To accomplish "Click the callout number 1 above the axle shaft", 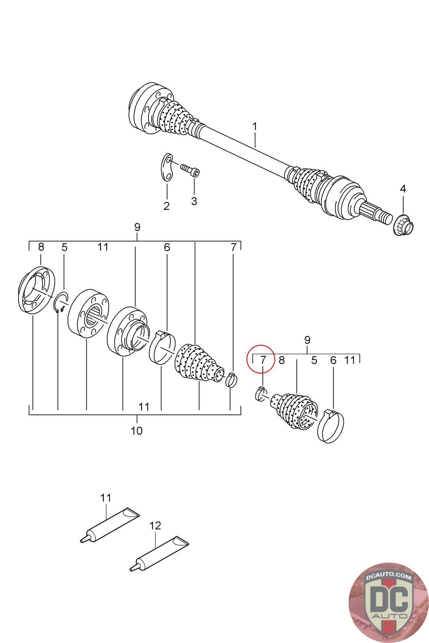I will point(255,127).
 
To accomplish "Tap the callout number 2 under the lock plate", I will point(166,206).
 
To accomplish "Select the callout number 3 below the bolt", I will point(194,201).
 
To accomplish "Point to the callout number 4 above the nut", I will point(402,188).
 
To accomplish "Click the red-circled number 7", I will point(263,359).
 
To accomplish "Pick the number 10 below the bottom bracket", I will point(137,431).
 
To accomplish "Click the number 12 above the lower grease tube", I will point(155,525).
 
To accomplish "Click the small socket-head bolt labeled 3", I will point(190,170).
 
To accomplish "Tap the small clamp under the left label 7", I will point(231,379).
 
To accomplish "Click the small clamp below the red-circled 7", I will point(260,393).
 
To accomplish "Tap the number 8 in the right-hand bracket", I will point(281,360).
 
